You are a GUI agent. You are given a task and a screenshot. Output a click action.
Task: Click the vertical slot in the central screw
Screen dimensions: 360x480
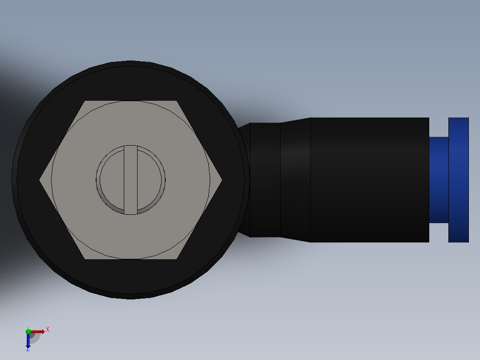[130, 180]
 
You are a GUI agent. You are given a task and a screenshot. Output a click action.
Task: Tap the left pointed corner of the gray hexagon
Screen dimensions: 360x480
[40, 180]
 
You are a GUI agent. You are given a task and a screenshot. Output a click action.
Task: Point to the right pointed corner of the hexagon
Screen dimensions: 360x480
[221, 180]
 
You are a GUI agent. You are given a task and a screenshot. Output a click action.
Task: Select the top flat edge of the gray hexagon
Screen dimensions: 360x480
[130, 101]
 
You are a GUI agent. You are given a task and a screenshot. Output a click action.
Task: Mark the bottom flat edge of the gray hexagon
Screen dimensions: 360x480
[130, 258]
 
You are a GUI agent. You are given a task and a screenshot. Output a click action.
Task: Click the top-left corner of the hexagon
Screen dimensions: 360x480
[85, 101]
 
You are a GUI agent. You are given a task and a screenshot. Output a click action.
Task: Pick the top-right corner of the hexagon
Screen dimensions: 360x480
[177, 101]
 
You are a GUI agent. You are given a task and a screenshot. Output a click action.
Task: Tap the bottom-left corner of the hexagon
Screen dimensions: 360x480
[85, 258]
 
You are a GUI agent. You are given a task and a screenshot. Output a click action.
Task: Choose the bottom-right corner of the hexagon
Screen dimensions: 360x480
[177, 258]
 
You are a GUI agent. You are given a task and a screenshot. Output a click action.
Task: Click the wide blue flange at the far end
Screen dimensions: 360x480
[458, 180]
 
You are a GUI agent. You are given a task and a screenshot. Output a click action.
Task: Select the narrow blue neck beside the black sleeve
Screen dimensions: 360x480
[439, 180]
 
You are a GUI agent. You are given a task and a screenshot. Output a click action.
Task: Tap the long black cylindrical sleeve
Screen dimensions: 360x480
[370, 180]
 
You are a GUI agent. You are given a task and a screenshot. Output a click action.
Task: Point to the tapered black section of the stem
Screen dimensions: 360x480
[295, 180]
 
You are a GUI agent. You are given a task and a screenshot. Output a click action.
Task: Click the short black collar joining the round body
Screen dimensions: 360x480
[265, 180]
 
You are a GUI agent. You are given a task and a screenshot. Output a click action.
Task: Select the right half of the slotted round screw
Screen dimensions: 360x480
[151, 180]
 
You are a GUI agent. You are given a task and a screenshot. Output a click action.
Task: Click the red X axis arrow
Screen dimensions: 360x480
[38, 331]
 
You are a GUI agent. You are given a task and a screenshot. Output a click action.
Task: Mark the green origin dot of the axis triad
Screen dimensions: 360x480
[28, 331]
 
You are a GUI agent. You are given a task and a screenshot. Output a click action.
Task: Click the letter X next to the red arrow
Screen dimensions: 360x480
[47, 329]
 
